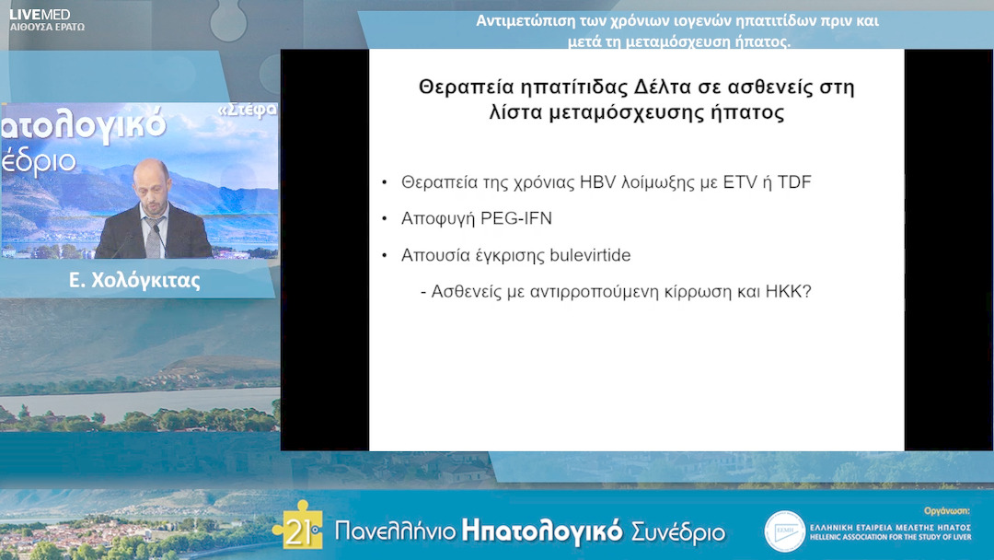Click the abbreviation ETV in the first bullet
click(737, 182)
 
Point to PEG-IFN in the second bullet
click(516, 218)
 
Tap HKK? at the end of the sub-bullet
click(787, 291)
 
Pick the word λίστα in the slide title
click(517, 114)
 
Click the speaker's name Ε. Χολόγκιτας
click(134, 281)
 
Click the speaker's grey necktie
click(154, 237)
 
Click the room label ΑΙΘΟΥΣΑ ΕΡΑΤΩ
click(46, 28)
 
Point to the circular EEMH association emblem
click(784, 531)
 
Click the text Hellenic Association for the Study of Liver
click(889, 539)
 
